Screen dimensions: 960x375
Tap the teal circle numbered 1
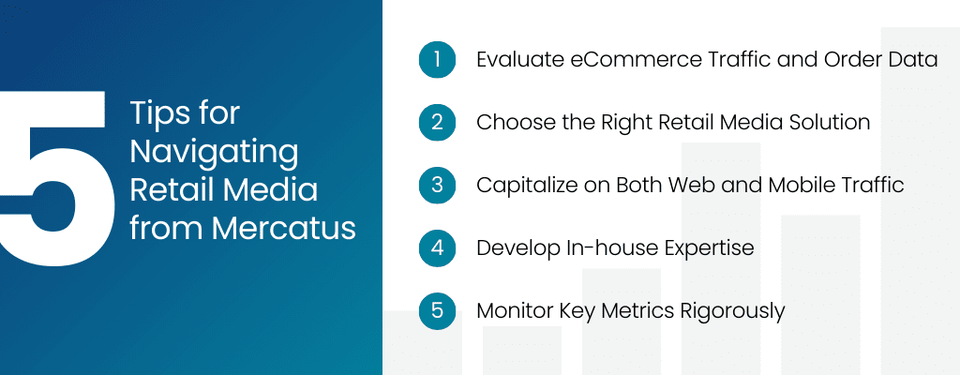click(437, 59)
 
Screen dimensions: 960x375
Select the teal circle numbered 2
click(437, 122)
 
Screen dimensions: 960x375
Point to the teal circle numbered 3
click(437, 185)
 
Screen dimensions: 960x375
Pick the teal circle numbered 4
click(437, 247)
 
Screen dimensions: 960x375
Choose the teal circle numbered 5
click(437, 310)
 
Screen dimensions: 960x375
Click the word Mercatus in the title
click(284, 229)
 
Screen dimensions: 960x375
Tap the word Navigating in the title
click(215, 153)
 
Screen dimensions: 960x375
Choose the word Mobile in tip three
click(801, 185)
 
